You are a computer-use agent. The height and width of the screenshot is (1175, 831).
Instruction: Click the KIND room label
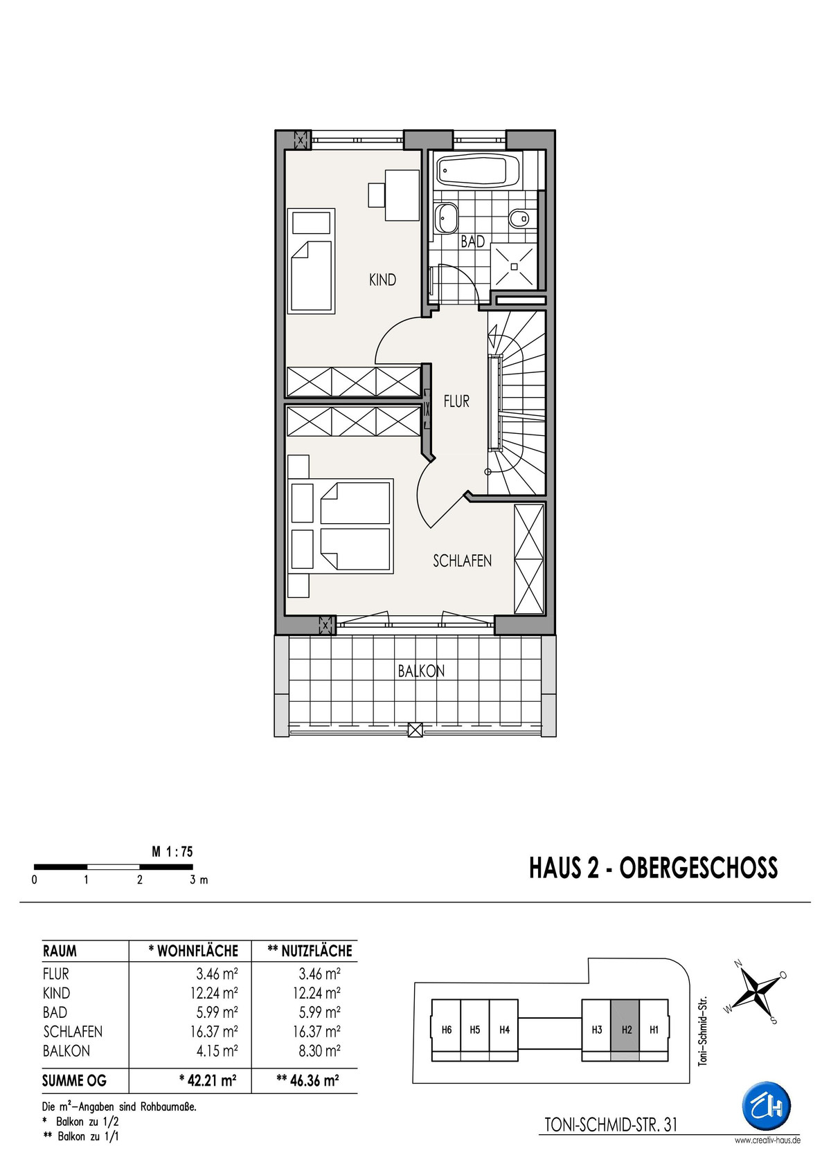[382, 280]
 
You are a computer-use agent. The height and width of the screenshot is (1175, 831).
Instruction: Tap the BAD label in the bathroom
[472, 242]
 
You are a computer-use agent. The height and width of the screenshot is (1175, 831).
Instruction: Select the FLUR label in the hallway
[456, 401]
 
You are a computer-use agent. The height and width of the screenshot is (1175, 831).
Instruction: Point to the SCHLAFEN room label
[462, 561]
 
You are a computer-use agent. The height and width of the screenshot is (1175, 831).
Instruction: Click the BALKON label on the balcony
[421, 671]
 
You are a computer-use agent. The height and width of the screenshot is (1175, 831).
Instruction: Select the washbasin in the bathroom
[448, 218]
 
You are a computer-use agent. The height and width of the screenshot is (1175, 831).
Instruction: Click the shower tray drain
[515, 266]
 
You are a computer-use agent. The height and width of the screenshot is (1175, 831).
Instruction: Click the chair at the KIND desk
[377, 194]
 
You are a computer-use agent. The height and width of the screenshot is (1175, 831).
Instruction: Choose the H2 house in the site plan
[625, 1030]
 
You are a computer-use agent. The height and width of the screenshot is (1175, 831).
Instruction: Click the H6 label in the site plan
[447, 1030]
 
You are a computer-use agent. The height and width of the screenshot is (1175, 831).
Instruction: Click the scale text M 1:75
[172, 852]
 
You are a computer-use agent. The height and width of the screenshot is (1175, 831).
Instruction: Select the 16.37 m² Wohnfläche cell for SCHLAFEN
[214, 1031]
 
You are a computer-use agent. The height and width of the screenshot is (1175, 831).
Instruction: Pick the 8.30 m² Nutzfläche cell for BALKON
[319, 1050]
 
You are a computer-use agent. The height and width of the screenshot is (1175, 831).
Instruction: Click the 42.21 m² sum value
[208, 1081]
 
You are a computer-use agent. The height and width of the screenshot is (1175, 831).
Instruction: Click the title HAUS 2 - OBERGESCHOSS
[653, 868]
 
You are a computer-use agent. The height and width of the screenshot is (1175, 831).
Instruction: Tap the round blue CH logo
[766, 1105]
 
